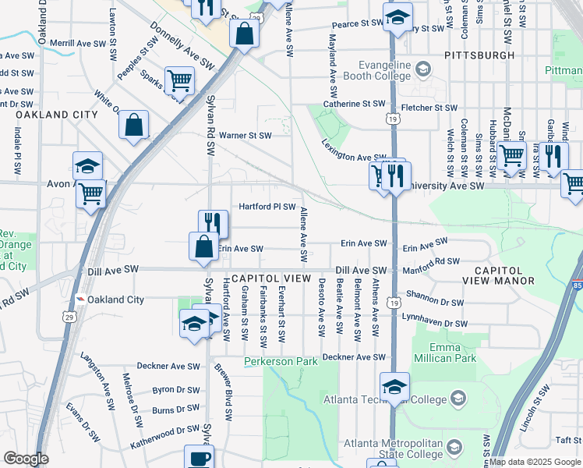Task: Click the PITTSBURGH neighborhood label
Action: (479, 56)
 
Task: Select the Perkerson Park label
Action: (281, 362)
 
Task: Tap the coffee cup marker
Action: (198, 457)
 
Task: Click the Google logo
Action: (26, 459)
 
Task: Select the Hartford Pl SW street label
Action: (267, 207)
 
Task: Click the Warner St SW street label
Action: (245, 135)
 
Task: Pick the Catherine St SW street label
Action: (355, 104)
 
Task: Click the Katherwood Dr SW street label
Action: (165, 430)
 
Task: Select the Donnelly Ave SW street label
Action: (182, 51)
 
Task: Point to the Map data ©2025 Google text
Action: (534, 462)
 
